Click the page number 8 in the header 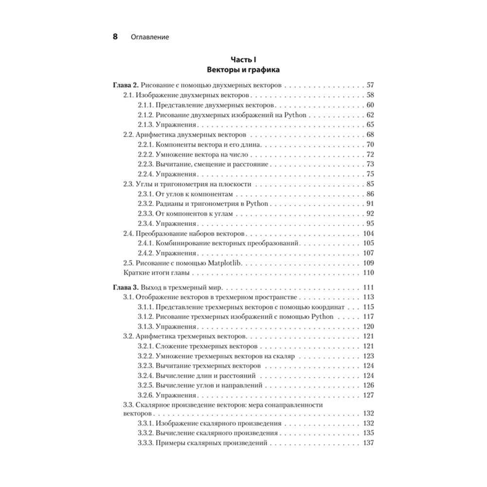115,37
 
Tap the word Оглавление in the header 150,37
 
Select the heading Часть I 243,59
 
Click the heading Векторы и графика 243,70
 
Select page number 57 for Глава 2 369,85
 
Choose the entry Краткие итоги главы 156,273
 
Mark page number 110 367,273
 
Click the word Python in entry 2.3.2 257,204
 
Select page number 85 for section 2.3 369,184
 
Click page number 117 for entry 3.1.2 368,316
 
